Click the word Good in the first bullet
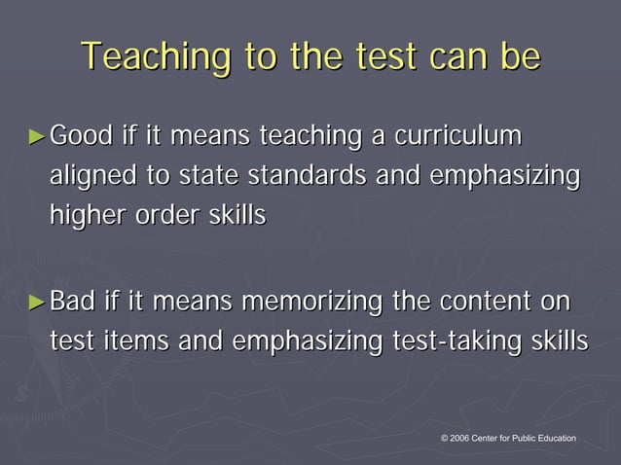(x=83, y=136)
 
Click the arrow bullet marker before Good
(x=37, y=137)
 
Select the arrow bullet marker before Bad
(x=37, y=303)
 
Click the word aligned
(x=89, y=177)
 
